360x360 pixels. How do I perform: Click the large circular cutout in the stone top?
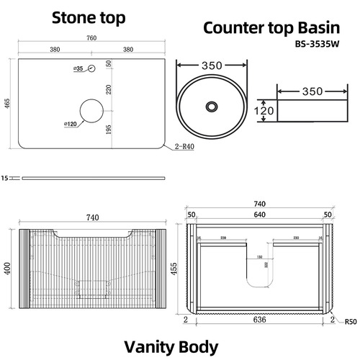pos(91,111)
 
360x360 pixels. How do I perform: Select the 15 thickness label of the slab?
pos(5,176)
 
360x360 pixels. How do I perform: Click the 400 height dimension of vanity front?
pos(6,269)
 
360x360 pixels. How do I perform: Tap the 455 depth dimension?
pos(175,268)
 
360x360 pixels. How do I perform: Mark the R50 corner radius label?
pos(351,322)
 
